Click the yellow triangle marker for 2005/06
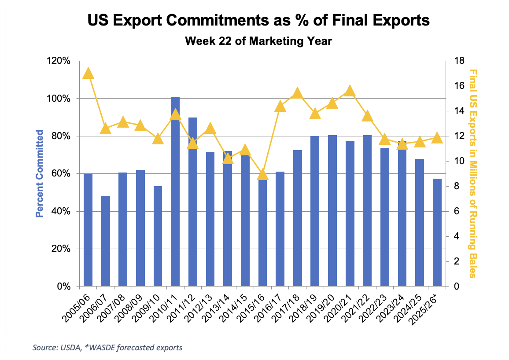point(88,73)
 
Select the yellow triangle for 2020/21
point(350,91)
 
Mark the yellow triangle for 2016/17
point(280,106)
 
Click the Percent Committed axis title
point(40,173)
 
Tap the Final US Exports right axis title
point(473,173)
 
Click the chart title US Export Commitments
point(258,21)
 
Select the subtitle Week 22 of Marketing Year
point(258,41)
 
